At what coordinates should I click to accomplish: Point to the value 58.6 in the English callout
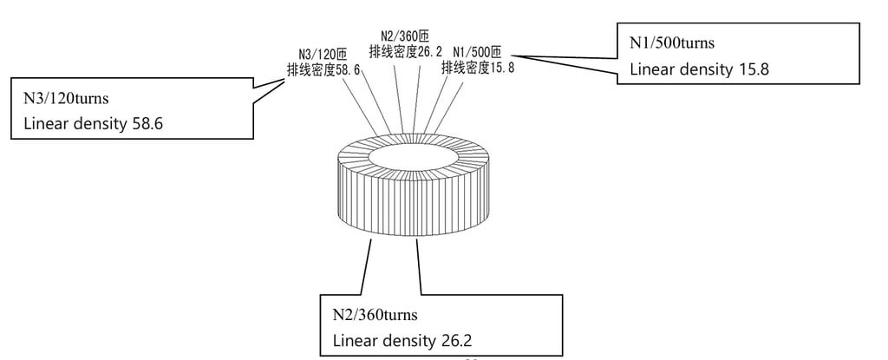pyautogui.click(x=147, y=124)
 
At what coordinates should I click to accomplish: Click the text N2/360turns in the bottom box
pyautogui.click(x=375, y=312)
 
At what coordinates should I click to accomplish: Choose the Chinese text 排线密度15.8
pyautogui.click(x=478, y=67)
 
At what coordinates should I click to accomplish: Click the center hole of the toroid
pyautogui.click(x=412, y=156)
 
